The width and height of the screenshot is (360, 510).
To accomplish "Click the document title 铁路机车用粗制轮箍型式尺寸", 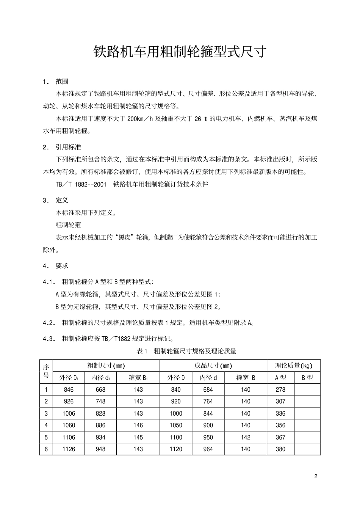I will (x=180, y=52).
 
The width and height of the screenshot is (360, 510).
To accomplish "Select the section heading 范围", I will (x=62, y=81).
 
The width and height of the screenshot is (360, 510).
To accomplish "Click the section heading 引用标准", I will (x=68, y=147).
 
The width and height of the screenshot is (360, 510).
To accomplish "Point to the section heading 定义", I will (x=62, y=200).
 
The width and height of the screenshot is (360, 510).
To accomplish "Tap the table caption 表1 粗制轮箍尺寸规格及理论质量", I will (x=186, y=351).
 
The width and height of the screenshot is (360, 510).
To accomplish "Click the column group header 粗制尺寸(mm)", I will (x=106, y=366).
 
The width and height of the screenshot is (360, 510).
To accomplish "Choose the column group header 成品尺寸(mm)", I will (x=213, y=366).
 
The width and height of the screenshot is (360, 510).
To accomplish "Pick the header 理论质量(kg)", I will (x=294, y=366).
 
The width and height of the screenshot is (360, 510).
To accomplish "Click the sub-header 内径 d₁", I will (x=100, y=378).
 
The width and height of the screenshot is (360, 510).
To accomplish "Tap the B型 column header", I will (x=307, y=378).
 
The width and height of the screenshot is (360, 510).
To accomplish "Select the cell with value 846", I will (x=69, y=389).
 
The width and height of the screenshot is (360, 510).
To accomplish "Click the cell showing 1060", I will (x=69, y=425).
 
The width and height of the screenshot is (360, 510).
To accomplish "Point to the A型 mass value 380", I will (x=280, y=449).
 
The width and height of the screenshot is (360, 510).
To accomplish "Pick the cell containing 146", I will (x=138, y=425).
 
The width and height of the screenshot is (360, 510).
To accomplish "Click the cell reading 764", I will (x=208, y=401).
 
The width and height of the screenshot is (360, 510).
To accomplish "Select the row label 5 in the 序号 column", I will (x=46, y=437).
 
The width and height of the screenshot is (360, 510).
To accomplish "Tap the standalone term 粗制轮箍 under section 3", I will (x=68, y=225).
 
